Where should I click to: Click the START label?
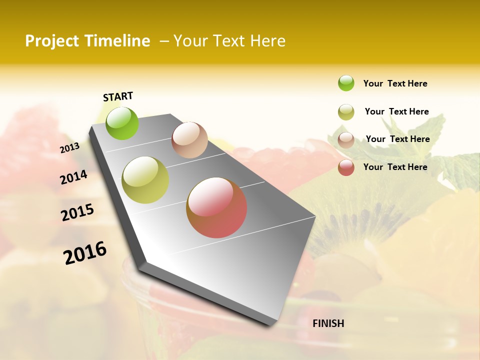tap(118, 96)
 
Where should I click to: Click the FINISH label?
tap(328, 323)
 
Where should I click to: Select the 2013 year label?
tap(69, 147)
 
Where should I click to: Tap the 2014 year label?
tap(73, 177)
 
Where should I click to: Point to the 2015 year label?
tap(77, 212)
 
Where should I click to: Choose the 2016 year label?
tap(85, 252)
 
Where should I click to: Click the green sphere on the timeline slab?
tap(122, 123)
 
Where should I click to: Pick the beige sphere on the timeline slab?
tap(189, 140)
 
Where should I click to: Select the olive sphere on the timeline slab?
tap(145, 180)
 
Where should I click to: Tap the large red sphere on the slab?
tap(216, 207)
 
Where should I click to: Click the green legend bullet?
tap(346, 83)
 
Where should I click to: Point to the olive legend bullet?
tap(346, 112)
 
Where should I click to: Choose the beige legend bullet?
tap(346, 140)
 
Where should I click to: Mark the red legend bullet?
tap(346, 167)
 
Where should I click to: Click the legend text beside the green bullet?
tap(395, 83)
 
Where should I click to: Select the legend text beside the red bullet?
tap(395, 167)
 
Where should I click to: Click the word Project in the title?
tap(52, 41)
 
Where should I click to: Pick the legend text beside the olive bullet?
tap(396, 111)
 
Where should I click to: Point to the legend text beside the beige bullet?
tap(397, 139)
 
